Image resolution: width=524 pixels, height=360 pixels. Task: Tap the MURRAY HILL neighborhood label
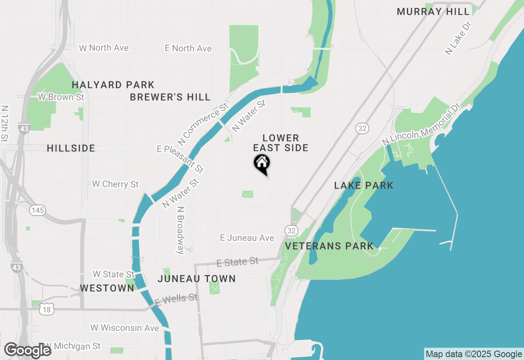tap(433, 11)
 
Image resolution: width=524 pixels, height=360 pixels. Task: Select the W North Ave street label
tap(104, 48)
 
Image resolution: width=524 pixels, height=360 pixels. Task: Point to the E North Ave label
tap(188, 48)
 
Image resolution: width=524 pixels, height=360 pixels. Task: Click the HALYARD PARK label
tap(113, 85)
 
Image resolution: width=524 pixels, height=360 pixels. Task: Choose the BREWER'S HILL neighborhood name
tap(170, 97)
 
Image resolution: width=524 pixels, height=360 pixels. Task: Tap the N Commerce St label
tap(203, 124)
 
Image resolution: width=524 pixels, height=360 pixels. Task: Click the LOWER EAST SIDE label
tap(281, 143)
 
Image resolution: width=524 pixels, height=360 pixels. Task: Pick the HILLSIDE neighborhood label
tap(71, 148)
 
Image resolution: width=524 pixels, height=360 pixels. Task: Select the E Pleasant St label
tap(180, 159)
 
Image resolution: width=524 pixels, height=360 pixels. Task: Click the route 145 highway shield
tap(37, 210)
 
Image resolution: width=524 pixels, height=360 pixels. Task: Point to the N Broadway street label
tap(181, 230)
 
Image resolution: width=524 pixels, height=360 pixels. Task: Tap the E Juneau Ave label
tap(247, 238)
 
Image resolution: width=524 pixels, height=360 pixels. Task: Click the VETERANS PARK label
tap(330, 246)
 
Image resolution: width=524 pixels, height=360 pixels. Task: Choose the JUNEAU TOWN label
tap(197, 279)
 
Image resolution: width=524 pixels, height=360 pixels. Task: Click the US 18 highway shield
tap(47, 310)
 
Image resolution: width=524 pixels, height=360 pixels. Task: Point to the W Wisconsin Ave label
tap(125, 328)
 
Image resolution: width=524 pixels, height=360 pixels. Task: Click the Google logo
tap(27, 351)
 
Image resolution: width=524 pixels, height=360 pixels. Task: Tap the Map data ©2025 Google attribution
tap(474, 354)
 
